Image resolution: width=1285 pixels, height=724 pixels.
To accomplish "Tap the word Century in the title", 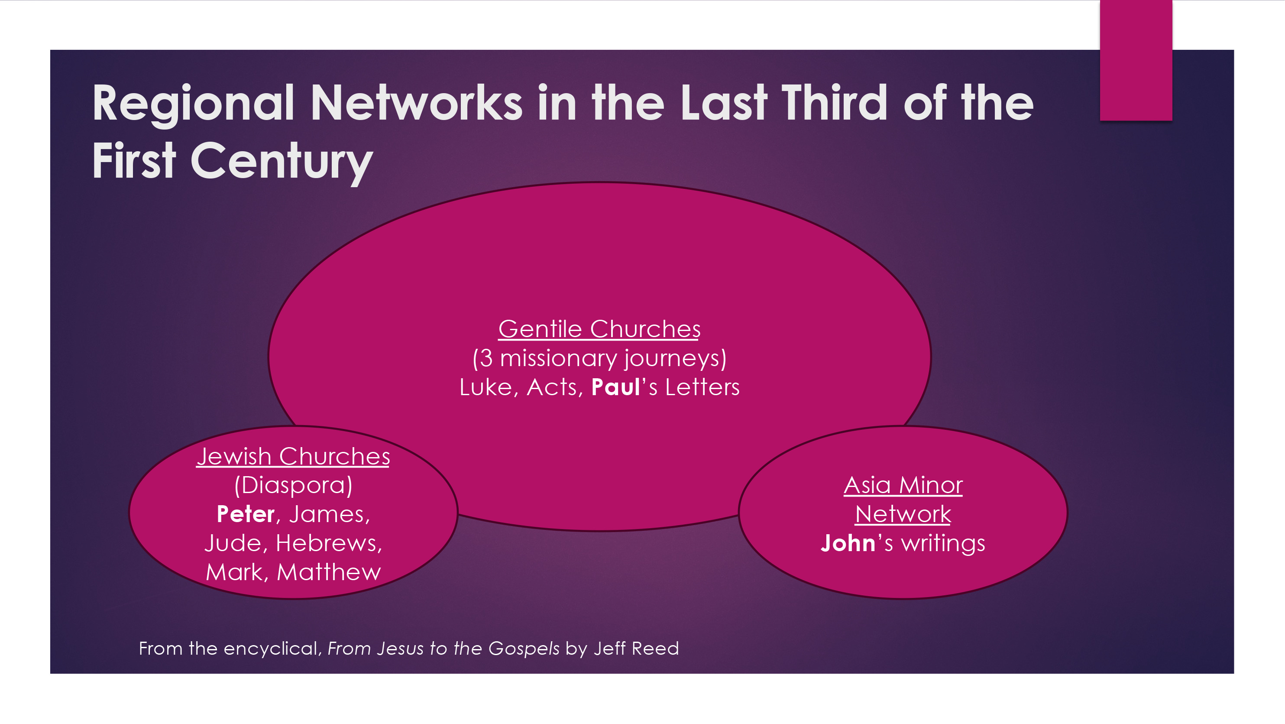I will (282, 161).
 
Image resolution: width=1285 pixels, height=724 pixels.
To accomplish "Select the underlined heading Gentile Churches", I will (599, 329).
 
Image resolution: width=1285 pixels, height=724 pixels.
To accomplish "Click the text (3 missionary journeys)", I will (599, 358).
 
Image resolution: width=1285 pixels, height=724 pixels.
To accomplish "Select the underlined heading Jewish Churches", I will (293, 457).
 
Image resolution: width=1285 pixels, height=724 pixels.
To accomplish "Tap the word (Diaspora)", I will (293, 485).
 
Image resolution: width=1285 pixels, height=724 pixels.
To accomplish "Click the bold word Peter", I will (246, 514).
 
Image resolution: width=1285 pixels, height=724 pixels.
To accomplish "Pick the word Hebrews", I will (328, 543).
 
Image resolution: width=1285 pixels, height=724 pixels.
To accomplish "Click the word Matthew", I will (329, 572).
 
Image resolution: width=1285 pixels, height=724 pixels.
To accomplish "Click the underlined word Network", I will (903, 514).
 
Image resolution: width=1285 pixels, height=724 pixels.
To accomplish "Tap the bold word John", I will (848, 543).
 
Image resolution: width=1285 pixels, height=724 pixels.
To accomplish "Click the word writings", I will (943, 543).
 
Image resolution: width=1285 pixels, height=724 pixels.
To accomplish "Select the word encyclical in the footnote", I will (270, 648).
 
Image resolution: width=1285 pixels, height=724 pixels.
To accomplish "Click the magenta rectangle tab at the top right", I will (1136, 60).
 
